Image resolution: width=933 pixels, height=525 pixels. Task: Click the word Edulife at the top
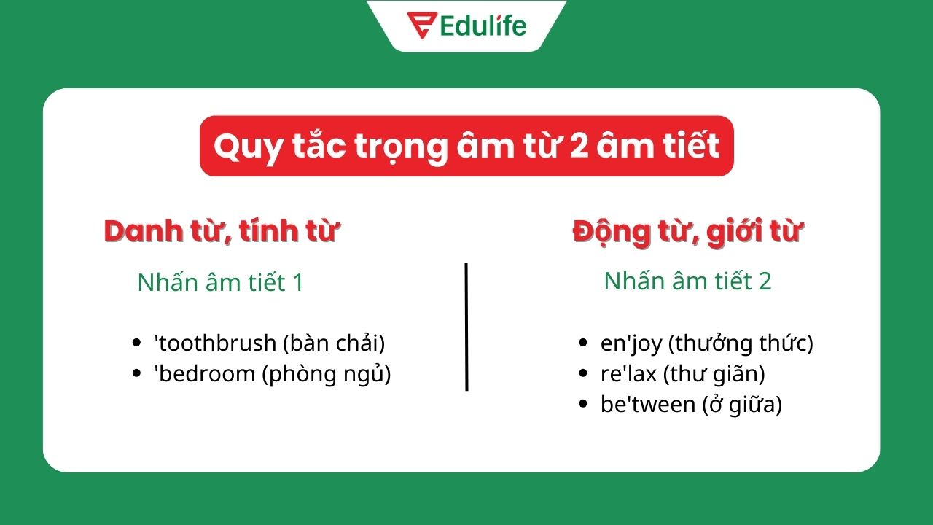(483, 26)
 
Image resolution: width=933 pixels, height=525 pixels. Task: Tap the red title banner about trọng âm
(466, 146)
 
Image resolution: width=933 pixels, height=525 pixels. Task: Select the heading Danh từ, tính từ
(222, 231)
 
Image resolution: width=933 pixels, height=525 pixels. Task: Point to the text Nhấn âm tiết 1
(220, 282)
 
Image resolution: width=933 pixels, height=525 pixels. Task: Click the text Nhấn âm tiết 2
(687, 281)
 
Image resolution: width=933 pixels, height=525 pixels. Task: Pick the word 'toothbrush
(215, 343)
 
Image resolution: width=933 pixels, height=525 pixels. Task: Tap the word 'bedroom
(205, 374)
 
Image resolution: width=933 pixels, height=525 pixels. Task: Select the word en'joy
(631, 343)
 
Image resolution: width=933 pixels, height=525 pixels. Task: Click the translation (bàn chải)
(334, 343)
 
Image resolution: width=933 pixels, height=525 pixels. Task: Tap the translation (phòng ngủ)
(327, 374)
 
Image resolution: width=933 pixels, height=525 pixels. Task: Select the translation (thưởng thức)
(741, 343)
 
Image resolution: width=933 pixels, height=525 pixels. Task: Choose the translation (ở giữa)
(742, 405)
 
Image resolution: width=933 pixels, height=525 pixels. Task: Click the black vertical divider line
(466, 327)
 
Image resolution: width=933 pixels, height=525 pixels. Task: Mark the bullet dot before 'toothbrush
(137, 343)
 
